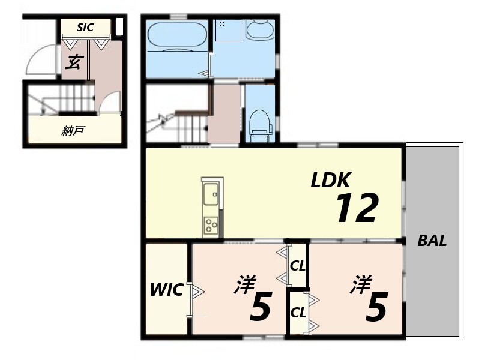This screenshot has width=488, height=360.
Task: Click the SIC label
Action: (x=85, y=28)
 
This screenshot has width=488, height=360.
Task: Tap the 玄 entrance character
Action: (x=74, y=62)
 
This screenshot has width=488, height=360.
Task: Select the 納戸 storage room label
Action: (x=73, y=131)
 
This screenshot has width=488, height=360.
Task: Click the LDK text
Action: (x=331, y=179)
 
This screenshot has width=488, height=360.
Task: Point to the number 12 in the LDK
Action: (x=357, y=208)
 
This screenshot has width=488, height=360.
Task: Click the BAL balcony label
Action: (x=432, y=241)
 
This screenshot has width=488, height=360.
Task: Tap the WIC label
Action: (x=166, y=290)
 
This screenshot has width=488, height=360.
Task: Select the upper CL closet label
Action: (x=298, y=266)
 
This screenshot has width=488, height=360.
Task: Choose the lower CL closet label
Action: (x=298, y=313)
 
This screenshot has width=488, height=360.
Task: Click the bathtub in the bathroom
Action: (x=177, y=35)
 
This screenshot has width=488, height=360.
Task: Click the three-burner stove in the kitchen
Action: (x=211, y=225)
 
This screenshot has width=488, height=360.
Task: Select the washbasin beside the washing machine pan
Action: (x=260, y=29)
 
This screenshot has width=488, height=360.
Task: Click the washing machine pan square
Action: (x=229, y=31)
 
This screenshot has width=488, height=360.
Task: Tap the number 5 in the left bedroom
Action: (x=261, y=307)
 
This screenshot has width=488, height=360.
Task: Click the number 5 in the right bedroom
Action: (x=376, y=307)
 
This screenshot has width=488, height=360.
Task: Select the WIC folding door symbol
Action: (x=196, y=292)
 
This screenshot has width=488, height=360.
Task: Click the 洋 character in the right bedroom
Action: (x=361, y=284)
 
